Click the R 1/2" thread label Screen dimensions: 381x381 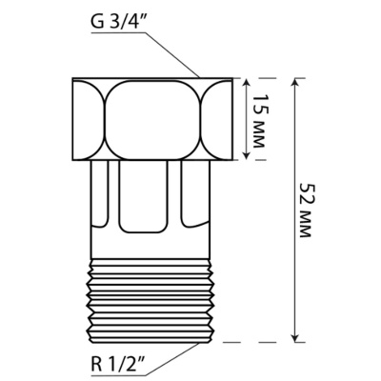coord(118,366)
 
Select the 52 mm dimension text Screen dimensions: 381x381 coord(305,211)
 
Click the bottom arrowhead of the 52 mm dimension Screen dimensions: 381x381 coord(295,337)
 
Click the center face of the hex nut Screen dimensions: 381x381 coord(153,119)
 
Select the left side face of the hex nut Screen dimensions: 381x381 coord(87,119)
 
